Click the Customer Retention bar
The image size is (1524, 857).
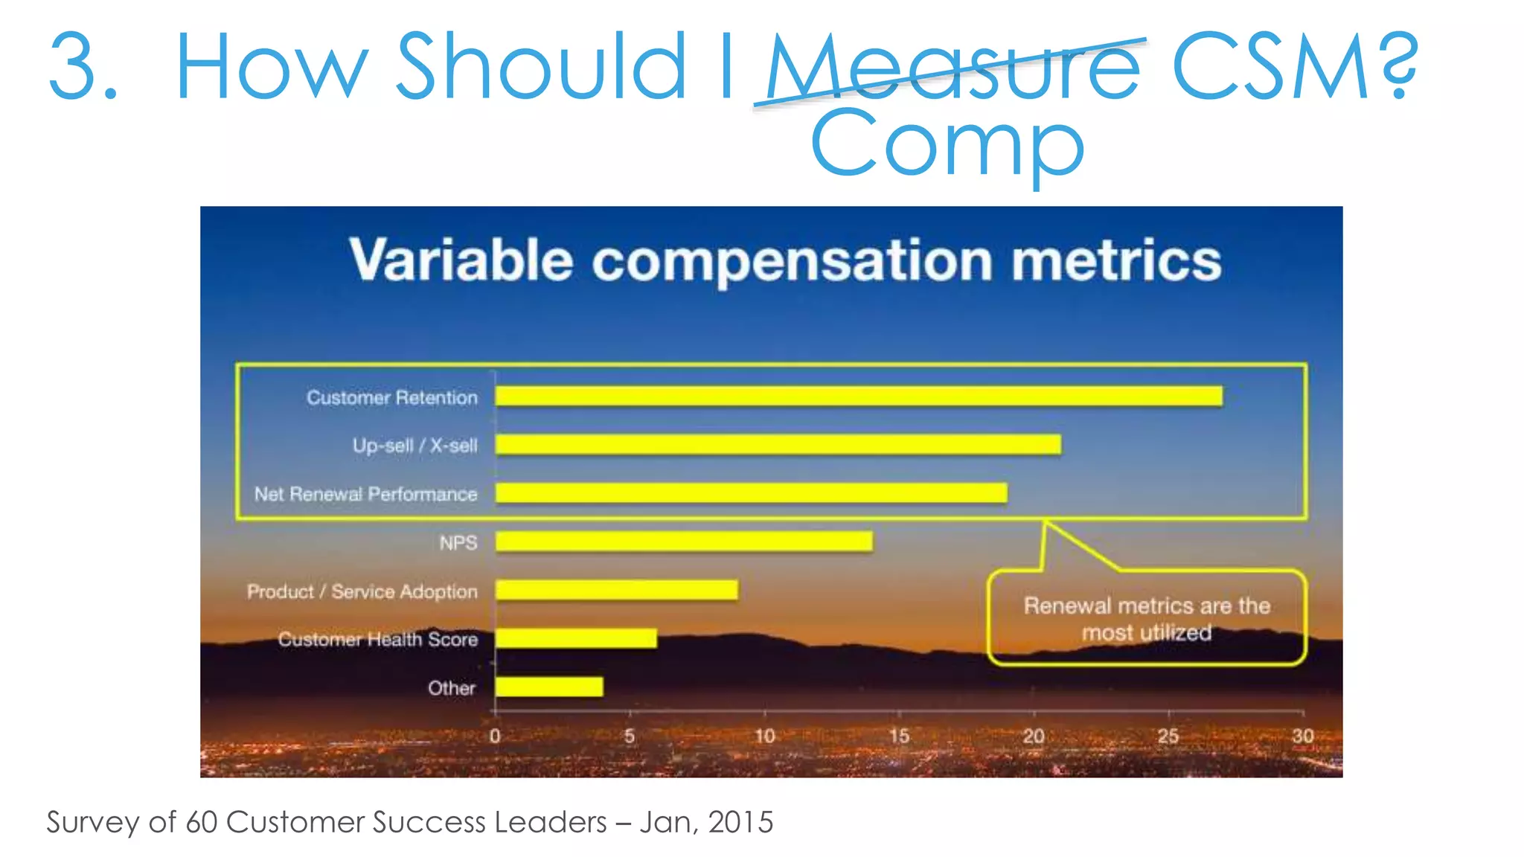click(858, 397)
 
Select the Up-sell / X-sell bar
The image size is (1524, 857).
click(778, 445)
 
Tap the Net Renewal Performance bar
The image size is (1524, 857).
click(751, 493)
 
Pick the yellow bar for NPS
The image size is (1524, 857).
click(684, 542)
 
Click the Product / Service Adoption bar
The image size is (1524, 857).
click(616, 590)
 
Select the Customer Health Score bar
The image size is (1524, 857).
click(576, 638)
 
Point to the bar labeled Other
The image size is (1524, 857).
click(549, 687)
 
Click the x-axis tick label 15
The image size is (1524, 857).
click(899, 736)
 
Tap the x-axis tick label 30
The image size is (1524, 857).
click(1302, 736)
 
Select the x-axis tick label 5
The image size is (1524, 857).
click(630, 736)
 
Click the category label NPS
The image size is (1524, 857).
click(458, 543)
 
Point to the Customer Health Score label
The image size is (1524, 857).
click(377, 640)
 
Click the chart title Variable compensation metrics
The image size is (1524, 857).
click(785, 260)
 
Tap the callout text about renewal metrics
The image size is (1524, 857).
click(1146, 619)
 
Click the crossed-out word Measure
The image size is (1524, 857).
click(952, 68)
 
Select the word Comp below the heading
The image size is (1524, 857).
click(947, 145)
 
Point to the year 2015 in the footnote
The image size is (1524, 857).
click(740, 822)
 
